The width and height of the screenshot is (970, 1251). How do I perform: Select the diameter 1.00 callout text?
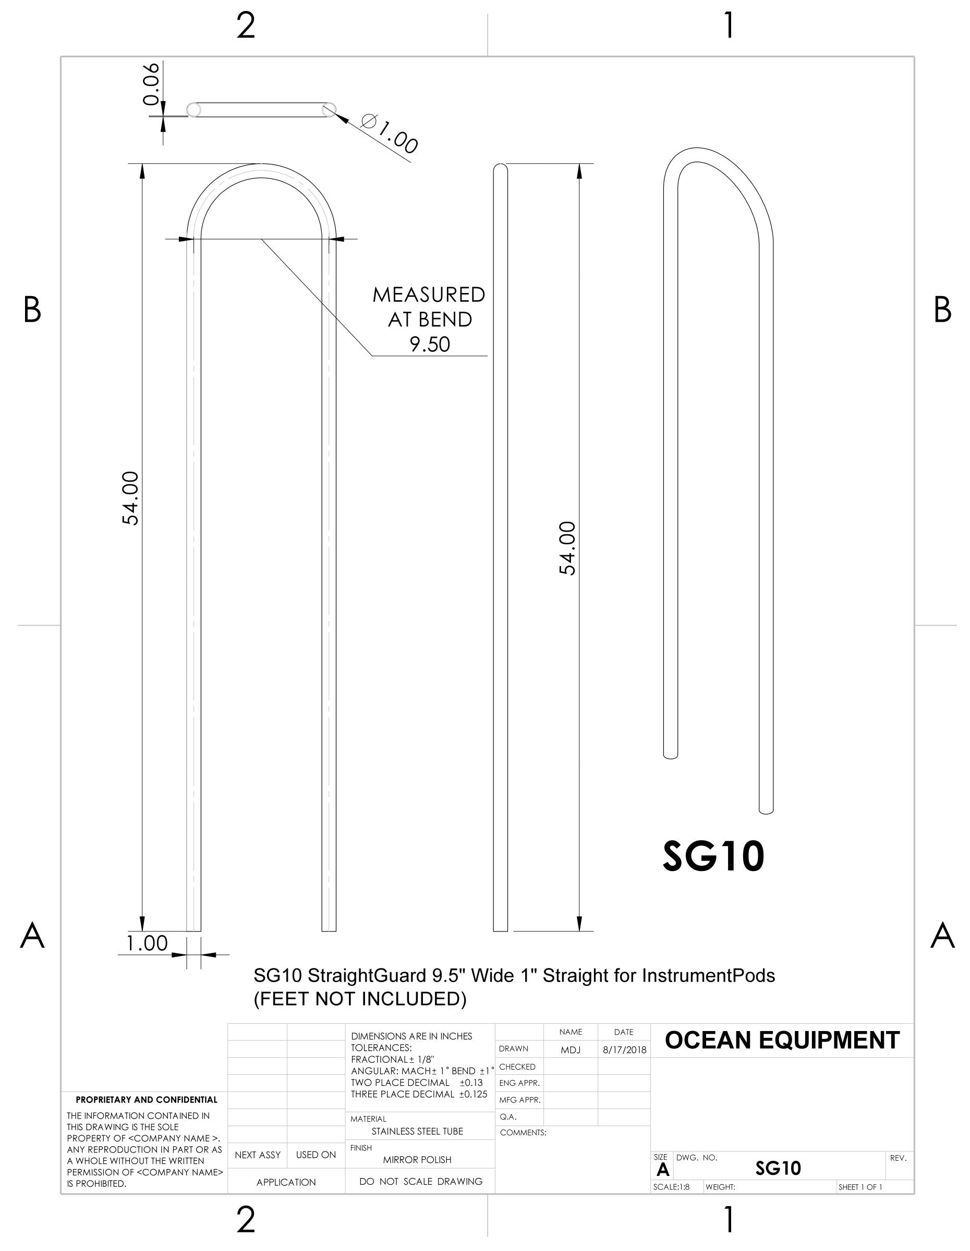tap(390, 134)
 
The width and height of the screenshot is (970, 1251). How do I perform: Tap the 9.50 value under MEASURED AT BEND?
tap(430, 344)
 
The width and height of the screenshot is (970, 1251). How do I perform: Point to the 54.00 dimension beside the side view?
tap(567, 548)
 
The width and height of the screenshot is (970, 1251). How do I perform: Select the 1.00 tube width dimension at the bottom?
tap(147, 943)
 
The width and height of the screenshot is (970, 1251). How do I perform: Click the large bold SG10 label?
tap(713, 856)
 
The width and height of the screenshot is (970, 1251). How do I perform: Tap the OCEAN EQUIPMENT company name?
tap(782, 1040)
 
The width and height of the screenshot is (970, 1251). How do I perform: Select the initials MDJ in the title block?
tap(570, 1050)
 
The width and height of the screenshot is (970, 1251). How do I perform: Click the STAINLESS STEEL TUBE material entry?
tap(417, 1131)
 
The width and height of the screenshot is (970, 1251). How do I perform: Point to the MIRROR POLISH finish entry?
tap(417, 1159)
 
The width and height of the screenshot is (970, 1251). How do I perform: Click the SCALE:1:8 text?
tap(671, 1187)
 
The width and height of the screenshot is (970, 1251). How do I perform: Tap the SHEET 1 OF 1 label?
tap(860, 1187)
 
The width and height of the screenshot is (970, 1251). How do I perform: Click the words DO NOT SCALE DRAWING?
tap(420, 1181)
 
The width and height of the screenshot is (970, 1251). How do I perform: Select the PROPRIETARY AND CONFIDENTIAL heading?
tap(147, 1100)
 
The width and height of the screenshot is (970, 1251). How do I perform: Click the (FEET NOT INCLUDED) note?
tap(360, 999)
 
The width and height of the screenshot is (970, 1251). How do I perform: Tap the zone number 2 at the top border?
tap(245, 27)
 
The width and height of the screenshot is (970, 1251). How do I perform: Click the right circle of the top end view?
tap(329, 109)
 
